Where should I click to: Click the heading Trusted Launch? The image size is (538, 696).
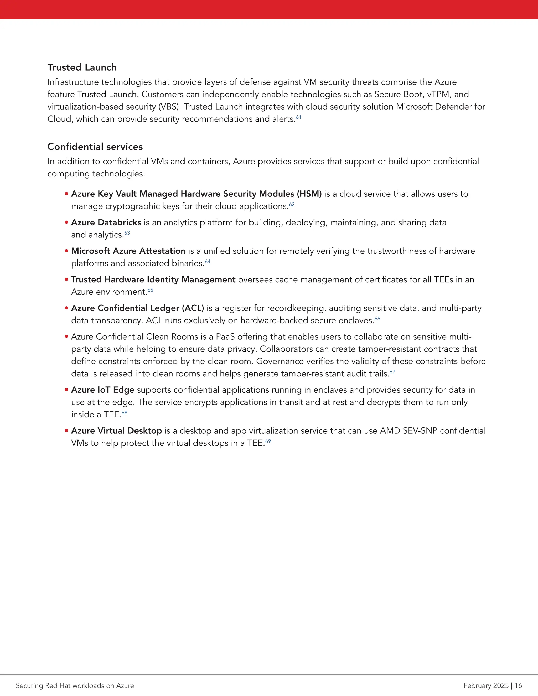click(x=82, y=67)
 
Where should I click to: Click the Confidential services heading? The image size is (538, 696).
click(x=95, y=147)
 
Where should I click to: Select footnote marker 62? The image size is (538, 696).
click(x=292, y=204)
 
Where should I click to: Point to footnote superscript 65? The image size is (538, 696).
click(x=151, y=290)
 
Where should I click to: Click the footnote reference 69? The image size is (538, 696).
click(x=268, y=441)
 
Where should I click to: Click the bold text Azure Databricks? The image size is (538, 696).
click(x=106, y=222)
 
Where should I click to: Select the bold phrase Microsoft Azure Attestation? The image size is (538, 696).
click(x=128, y=251)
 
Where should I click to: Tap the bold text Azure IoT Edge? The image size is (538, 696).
click(x=103, y=390)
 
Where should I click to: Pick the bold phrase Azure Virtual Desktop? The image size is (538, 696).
click(x=116, y=431)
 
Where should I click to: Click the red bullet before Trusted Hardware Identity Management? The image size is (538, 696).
click(x=67, y=279)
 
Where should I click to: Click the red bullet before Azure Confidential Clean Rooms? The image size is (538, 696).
click(x=67, y=336)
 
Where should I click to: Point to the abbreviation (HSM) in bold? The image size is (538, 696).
click(x=309, y=194)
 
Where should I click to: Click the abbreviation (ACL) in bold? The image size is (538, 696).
click(x=193, y=308)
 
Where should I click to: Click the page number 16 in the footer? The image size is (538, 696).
click(x=518, y=685)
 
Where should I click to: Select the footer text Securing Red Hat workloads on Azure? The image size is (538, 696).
click(x=75, y=685)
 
